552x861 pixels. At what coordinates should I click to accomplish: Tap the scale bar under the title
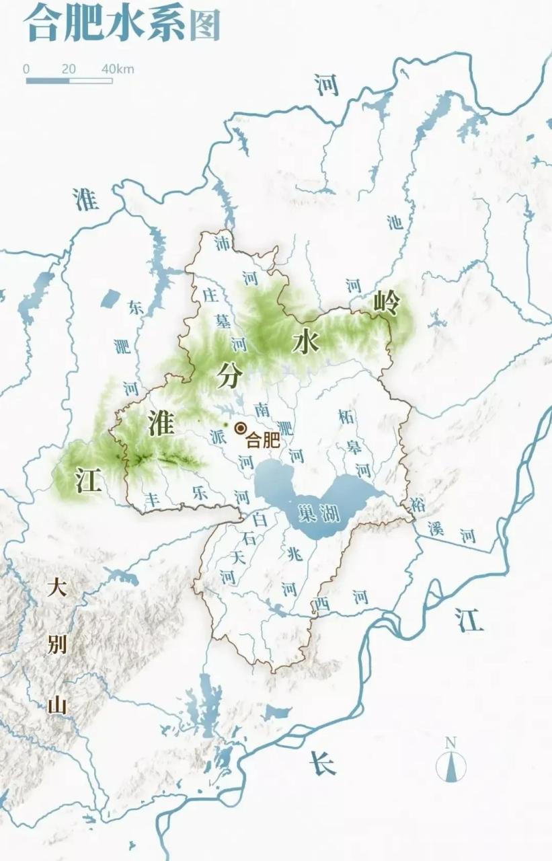click(x=69, y=81)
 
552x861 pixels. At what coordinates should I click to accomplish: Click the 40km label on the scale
click(x=118, y=69)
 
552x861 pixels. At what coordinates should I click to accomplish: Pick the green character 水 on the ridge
click(x=305, y=342)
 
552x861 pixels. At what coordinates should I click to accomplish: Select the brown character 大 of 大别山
click(x=57, y=589)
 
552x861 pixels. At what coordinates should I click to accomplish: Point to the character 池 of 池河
click(x=396, y=222)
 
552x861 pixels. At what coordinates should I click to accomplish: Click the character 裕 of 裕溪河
click(x=418, y=504)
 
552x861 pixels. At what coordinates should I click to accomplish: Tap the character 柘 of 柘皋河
click(x=346, y=416)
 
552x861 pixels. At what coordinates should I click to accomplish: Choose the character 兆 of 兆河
click(x=294, y=555)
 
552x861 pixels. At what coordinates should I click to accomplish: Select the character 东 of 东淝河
click(x=136, y=308)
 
